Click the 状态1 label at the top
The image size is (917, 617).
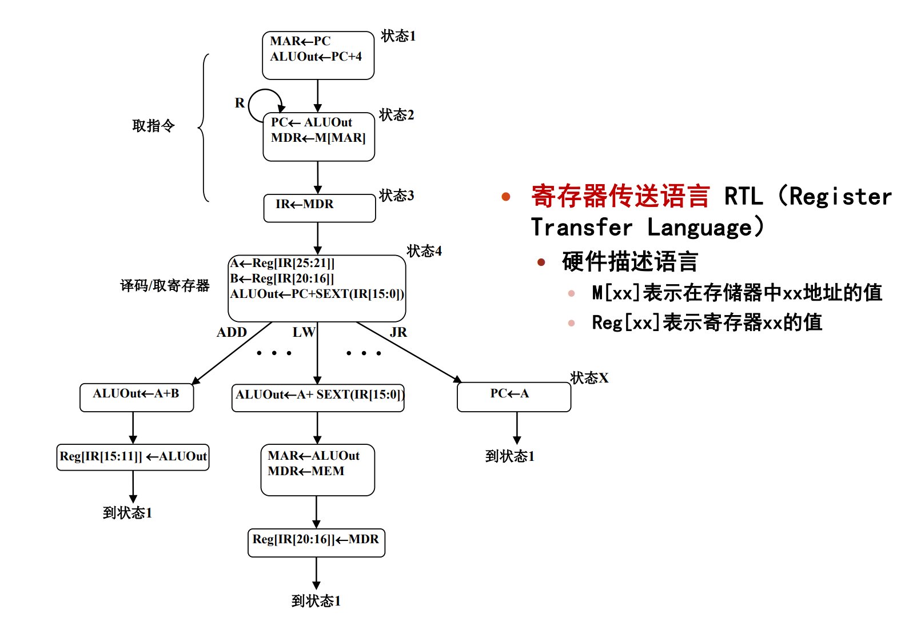pos(398,36)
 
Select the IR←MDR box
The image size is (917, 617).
pos(319,208)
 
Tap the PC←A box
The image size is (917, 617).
pos(513,396)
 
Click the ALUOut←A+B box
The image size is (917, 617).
pos(137,397)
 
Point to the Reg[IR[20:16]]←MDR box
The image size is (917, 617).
pos(316,542)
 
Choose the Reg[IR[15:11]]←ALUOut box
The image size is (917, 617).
pos(133,457)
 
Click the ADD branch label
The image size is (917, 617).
pos(232,332)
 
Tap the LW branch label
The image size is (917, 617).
pos(303,332)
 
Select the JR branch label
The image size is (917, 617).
pos(398,332)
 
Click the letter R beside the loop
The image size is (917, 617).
pos(240,103)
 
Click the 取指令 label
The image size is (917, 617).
pos(153,126)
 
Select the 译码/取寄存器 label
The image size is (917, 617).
pos(165,285)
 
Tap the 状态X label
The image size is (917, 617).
pos(589,378)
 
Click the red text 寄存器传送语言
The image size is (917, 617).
pos(620,196)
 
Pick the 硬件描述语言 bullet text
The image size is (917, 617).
pos(630,262)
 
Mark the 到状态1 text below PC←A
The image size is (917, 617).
pos(509,456)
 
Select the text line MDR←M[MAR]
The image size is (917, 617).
pos(318,138)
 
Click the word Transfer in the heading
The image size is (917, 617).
pos(581,228)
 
